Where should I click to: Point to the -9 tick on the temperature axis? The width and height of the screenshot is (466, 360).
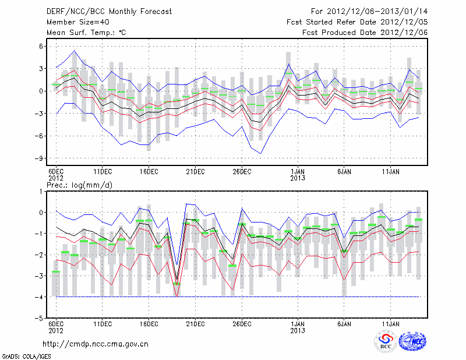tap(41, 158)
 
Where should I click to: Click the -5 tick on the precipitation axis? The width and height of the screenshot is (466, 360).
tap(41, 319)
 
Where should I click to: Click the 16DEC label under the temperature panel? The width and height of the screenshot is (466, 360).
tap(149, 171)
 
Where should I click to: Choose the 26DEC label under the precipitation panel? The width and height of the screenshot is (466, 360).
tap(242, 323)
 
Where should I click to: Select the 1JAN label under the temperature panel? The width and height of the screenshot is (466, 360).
tap(298, 171)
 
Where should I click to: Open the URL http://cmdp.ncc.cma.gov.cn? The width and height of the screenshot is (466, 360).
tap(96, 344)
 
